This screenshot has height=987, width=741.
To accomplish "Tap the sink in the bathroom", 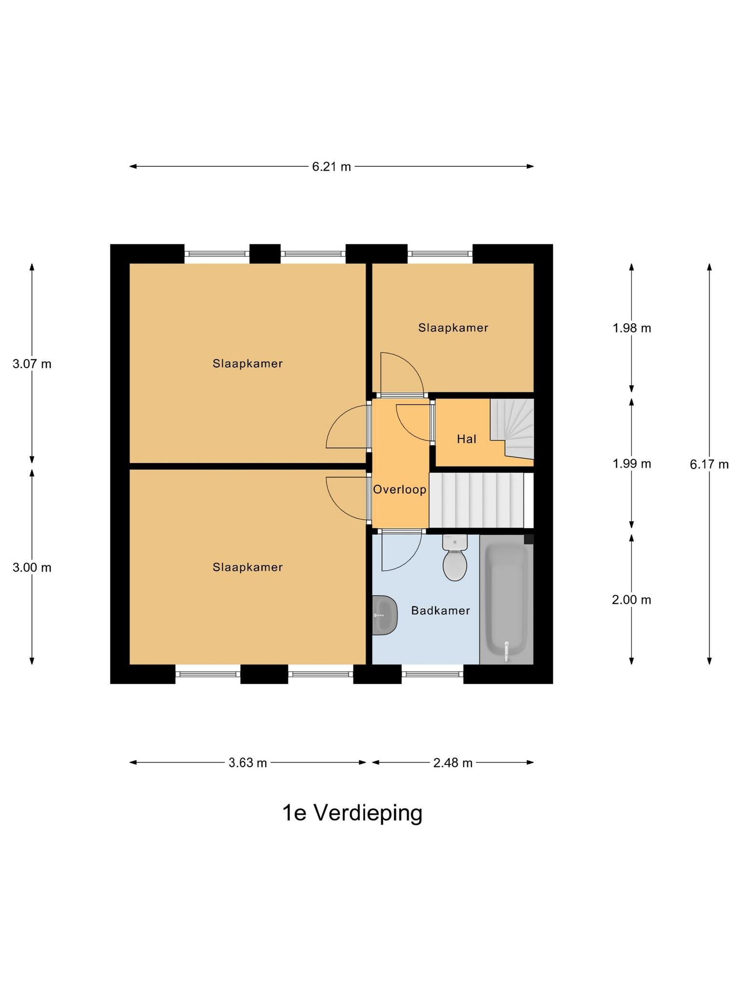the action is tap(384, 615).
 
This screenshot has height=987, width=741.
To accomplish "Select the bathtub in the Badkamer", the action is tap(507, 600).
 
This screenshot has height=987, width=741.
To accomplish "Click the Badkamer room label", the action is tap(440, 611).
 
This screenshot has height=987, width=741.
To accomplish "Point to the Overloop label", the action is tap(400, 490).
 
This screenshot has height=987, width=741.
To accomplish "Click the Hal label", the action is tap(467, 439).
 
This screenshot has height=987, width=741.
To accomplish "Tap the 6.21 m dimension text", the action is tap(331, 167).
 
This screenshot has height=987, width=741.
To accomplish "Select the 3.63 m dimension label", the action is tap(247, 763).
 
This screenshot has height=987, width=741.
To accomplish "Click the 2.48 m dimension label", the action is tap(453, 763).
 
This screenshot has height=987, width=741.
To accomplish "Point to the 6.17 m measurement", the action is tap(709, 465).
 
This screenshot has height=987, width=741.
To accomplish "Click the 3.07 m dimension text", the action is tap(32, 364).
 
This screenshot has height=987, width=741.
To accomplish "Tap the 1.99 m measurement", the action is tap(632, 464).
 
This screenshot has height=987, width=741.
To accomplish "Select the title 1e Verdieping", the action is tap(352, 813).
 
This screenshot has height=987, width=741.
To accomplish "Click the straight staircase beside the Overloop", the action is tap(476, 500).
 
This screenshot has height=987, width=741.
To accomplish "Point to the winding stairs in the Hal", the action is tap(512, 428).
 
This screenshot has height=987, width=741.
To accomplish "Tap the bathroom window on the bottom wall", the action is tap(433, 674).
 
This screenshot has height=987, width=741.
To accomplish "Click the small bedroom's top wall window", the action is tap(440, 253).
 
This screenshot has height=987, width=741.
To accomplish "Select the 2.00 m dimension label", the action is tap(631, 600).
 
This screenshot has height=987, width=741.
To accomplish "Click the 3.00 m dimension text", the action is tap(32, 568).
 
